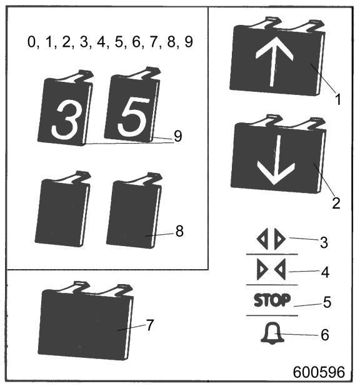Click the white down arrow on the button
(276, 160)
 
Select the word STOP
(272, 300)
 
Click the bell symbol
(272, 333)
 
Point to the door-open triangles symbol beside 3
(271, 239)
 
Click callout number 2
(336, 203)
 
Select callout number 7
(149, 325)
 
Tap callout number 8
(179, 231)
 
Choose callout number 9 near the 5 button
(177, 136)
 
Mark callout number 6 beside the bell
(325, 335)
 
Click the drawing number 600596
(319, 372)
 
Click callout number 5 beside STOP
(327, 302)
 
